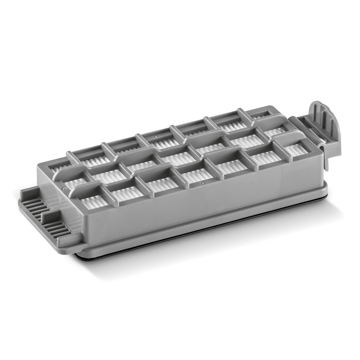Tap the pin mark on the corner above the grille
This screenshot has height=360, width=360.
64,188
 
